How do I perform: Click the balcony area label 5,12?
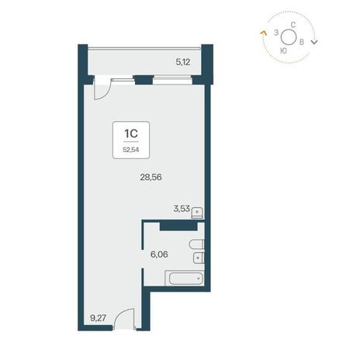pos(183,62)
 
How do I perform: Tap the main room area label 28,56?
pos(151,177)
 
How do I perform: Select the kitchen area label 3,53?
pos(182,209)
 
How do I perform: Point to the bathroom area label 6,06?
pos(159,254)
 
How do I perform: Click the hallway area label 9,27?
pos(99,317)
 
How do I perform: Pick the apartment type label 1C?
pos(131,133)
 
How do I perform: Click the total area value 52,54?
pos(131,150)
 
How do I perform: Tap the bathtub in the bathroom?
pos(185,278)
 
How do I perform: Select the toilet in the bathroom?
pos(197,244)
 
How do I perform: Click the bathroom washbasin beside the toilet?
pos(199,258)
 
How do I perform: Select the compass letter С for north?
pos(293,25)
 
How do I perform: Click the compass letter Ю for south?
pos(283,51)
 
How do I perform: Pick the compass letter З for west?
pos(276,33)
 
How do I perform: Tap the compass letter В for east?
pos(302,42)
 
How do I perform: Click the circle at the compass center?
pos(289,37)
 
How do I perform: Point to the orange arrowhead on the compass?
pos(263,33)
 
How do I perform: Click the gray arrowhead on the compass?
pos(314,42)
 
